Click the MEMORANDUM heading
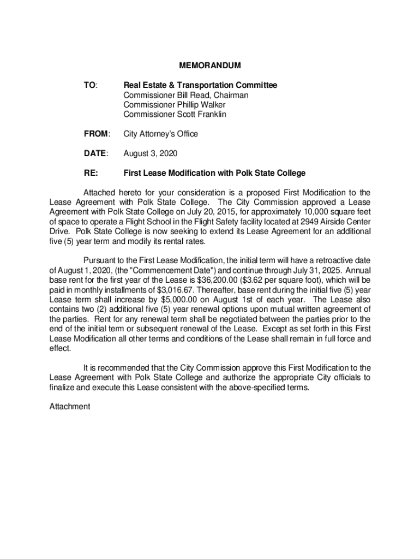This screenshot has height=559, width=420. tap(210, 66)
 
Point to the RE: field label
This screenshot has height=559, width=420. tap(91, 173)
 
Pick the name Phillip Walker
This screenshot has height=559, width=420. tap(197, 105)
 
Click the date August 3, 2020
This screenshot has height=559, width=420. tap(150, 153)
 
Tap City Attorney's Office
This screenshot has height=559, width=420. tap(161, 134)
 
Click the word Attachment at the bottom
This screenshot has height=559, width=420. tap(69, 407)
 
